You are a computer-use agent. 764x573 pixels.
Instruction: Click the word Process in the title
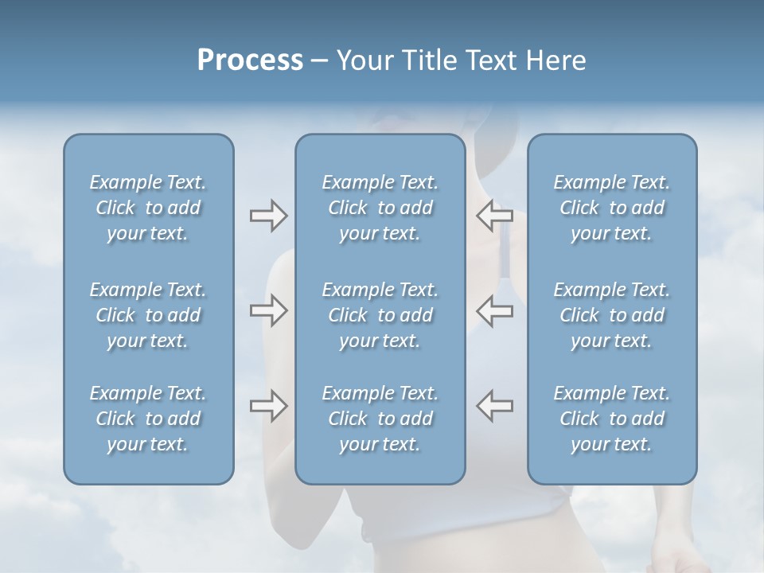250,60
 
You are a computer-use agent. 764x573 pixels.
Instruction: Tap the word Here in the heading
554,60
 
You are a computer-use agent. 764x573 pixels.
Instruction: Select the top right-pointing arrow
268,216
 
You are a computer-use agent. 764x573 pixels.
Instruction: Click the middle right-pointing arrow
268,310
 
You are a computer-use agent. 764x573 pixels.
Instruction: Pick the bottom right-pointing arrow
268,406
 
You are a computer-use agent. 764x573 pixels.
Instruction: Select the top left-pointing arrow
495,216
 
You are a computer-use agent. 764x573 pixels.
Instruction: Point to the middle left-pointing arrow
495,310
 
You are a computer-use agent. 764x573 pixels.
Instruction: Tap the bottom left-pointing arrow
495,406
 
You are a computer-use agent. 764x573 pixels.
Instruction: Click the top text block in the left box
148,208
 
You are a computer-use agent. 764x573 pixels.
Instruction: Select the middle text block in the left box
148,315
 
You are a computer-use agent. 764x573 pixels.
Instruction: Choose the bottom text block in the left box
148,419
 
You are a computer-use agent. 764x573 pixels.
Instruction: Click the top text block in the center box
380,208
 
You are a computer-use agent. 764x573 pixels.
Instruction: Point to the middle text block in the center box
380,315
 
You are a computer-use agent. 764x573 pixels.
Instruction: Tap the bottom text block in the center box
380,419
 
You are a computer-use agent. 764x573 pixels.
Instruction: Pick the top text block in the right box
612,208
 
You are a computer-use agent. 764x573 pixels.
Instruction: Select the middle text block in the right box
612,315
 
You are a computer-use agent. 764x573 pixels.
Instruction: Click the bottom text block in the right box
612,419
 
